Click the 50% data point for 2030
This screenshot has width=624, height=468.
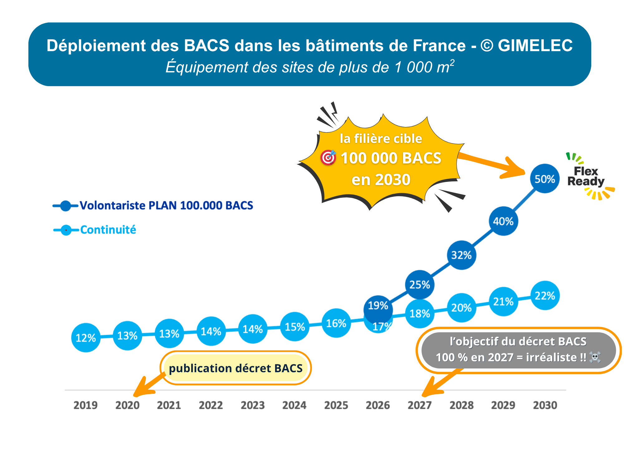point(545,179)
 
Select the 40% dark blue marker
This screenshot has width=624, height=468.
point(503,221)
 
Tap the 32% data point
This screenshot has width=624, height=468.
point(461,255)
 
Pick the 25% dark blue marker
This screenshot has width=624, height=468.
point(420,285)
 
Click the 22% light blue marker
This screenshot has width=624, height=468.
point(545,295)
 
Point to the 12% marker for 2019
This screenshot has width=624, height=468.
point(86,338)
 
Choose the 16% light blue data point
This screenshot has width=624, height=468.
point(336,323)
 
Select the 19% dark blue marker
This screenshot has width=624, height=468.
point(378,306)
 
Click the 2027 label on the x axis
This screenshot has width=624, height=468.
point(420,405)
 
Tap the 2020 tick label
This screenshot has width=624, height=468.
point(127,405)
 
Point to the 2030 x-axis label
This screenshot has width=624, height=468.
point(545,405)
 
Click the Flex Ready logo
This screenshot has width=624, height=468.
point(587,177)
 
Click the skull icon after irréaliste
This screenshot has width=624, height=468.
point(595,357)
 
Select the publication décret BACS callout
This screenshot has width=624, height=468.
point(236,368)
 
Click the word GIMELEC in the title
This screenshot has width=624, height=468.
point(535,46)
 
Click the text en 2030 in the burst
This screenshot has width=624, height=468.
point(381,180)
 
